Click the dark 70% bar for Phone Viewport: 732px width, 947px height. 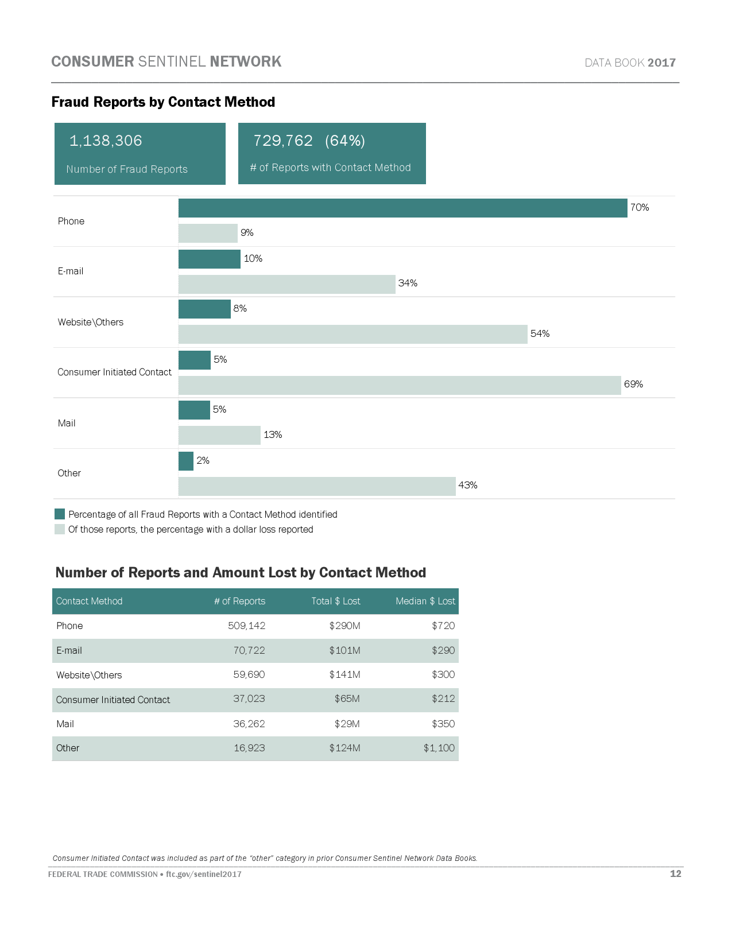click(402, 208)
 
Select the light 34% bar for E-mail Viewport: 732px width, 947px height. click(286, 284)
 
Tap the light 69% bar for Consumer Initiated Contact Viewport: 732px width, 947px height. click(400, 385)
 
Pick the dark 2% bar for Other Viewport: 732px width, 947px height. click(186, 461)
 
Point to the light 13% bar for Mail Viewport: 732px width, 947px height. click(219, 435)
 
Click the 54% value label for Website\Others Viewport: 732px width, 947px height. click(540, 333)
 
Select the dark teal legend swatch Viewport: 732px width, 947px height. click(60, 514)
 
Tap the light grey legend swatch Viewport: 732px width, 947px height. click(60, 529)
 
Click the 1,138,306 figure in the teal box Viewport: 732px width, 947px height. click(106, 141)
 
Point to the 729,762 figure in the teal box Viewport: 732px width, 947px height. click(283, 141)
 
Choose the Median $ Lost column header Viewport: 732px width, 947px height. click(425, 601)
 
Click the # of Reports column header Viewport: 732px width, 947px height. click(239, 601)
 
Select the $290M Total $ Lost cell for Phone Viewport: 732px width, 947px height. click(344, 626)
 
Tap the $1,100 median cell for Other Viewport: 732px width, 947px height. click(439, 748)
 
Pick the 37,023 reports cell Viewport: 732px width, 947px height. click(249, 698)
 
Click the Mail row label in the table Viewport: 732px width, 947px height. click(65, 724)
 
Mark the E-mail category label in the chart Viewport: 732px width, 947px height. click(71, 271)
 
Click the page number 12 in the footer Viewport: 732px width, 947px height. click(675, 874)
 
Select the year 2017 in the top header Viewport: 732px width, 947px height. click(661, 63)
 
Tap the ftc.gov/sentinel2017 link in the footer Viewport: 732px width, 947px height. click(203, 874)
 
